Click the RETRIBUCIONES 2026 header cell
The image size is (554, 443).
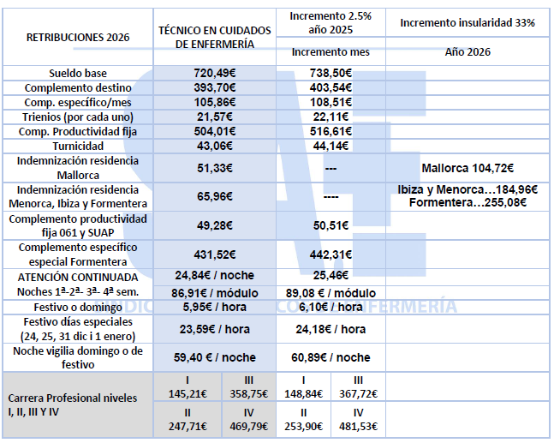(x=77, y=38)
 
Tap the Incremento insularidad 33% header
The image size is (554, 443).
(x=468, y=22)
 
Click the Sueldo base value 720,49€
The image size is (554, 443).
(x=215, y=74)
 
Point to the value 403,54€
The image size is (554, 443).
(x=331, y=88)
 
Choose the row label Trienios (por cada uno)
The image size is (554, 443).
(x=77, y=117)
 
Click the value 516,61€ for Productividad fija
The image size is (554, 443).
(x=331, y=131)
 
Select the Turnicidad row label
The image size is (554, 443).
(x=77, y=146)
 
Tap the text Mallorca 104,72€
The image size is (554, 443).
(x=468, y=168)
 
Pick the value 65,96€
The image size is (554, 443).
(x=215, y=196)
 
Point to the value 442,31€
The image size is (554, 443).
(x=331, y=254)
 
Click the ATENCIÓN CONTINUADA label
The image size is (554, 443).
(x=77, y=277)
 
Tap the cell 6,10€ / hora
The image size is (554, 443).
(x=331, y=307)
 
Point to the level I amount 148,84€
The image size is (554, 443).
(x=304, y=394)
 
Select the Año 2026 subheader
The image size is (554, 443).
(x=468, y=51)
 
